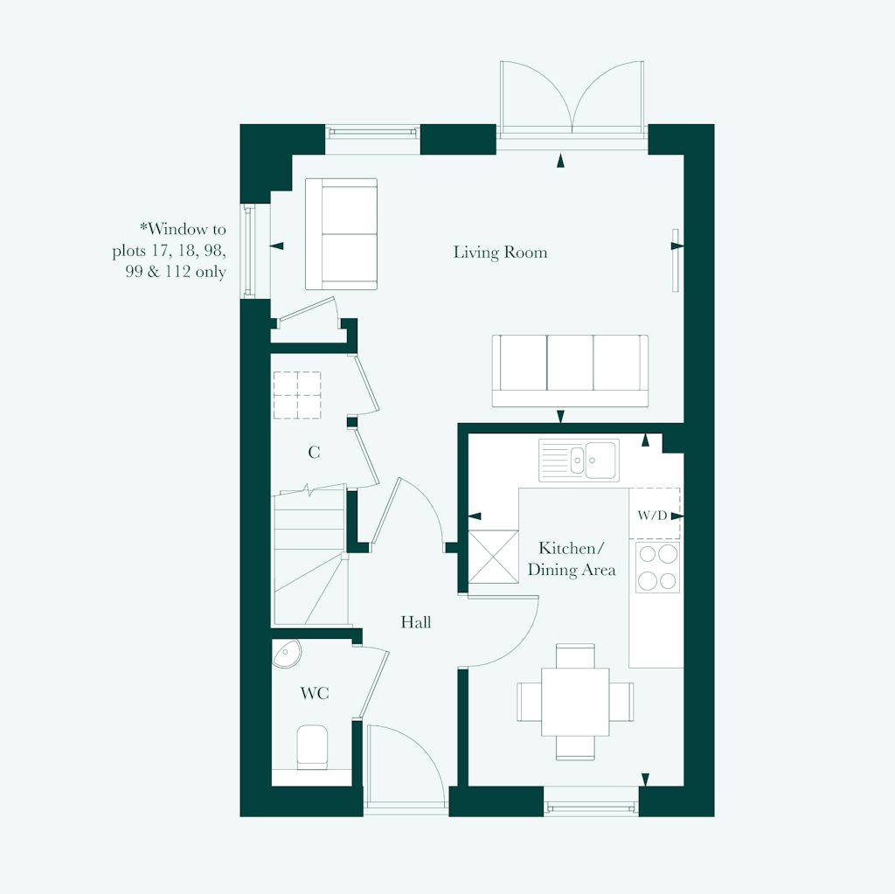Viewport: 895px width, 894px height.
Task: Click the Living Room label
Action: click(x=500, y=253)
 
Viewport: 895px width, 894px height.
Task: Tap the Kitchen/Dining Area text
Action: click(x=571, y=559)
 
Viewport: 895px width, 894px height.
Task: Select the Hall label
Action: click(x=416, y=623)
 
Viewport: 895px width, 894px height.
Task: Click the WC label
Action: click(x=315, y=694)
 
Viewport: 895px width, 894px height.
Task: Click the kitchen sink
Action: click(x=579, y=460)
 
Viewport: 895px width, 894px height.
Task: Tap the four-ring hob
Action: click(x=657, y=567)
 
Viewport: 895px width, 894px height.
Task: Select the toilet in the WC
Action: click(x=312, y=747)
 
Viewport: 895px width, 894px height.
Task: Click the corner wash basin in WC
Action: click(x=286, y=653)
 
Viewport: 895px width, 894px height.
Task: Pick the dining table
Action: click(x=575, y=701)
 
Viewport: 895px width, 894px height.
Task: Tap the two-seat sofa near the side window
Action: click(x=341, y=233)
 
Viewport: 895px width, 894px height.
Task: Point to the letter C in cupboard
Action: click(x=314, y=453)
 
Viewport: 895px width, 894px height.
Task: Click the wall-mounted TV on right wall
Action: click(x=675, y=260)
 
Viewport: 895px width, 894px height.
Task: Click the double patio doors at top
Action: click(x=572, y=98)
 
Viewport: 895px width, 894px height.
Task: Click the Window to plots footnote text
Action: click(x=170, y=251)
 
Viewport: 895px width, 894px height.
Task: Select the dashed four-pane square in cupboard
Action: click(x=297, y=395)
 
